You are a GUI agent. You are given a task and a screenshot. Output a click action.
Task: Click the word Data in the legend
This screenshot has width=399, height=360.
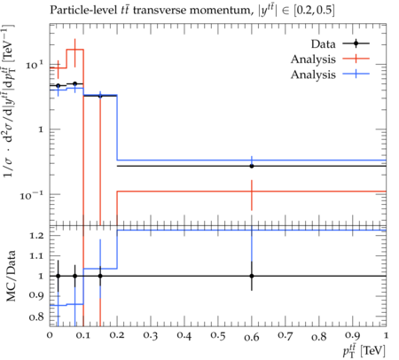(323, 44)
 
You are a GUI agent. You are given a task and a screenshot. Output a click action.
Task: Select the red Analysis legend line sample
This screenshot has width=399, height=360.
(356, 59)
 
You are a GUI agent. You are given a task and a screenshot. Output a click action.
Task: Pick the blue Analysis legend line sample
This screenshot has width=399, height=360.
(356, 74)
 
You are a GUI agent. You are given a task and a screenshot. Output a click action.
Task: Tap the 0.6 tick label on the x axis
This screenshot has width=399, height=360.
(252, 337)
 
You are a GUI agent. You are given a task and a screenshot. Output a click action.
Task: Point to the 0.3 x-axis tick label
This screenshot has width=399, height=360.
(151, 336)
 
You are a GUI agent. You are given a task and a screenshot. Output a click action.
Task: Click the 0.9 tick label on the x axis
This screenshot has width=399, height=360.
(353, 336)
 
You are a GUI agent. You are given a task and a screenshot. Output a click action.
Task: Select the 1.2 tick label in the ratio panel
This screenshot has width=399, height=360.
(36, 236)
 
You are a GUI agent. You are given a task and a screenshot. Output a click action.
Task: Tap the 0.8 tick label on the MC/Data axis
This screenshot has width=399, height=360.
(36, 317)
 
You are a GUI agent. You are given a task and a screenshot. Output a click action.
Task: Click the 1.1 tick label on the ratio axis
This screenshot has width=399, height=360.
(36, 255)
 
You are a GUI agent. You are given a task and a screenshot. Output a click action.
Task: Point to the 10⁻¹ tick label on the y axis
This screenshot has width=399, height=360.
(32, 195)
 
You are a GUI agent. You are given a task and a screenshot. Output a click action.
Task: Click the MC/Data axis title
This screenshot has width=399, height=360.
(11, 276)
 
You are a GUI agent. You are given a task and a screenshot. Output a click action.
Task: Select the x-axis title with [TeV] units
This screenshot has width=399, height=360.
(364, 351)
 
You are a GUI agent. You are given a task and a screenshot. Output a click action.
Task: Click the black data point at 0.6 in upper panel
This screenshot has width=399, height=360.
(252, 166)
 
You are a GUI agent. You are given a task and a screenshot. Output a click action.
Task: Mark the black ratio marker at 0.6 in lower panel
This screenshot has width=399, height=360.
(252, 276)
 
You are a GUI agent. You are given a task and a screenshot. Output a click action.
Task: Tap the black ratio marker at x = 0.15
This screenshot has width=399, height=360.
(100, 276)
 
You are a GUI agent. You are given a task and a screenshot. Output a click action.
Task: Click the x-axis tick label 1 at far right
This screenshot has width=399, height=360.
(386, 336)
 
